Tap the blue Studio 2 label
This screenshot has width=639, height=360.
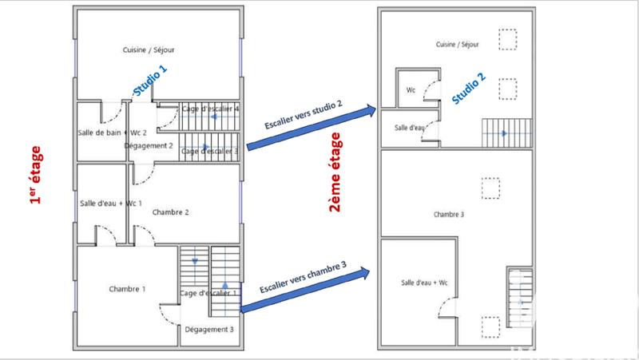[468, 89]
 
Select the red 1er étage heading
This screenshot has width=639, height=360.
[35, 176]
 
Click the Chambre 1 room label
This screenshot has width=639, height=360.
[127, 288]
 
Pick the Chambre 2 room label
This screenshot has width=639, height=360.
[170, 212]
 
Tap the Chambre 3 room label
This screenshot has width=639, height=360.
[449, 214]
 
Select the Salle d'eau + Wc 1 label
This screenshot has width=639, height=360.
[110, 204]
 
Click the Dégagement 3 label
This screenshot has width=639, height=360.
[208, 329]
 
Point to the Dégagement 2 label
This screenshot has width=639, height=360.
[149, 146]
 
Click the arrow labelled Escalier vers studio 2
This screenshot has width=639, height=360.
[312, 127]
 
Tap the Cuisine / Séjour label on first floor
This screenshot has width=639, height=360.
[149, 49]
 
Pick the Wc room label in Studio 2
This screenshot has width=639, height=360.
[411, 89]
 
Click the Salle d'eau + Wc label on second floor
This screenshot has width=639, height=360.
[424, 283]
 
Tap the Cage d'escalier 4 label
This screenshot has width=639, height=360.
[211, 109]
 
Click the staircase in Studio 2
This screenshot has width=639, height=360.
[506, 133]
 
